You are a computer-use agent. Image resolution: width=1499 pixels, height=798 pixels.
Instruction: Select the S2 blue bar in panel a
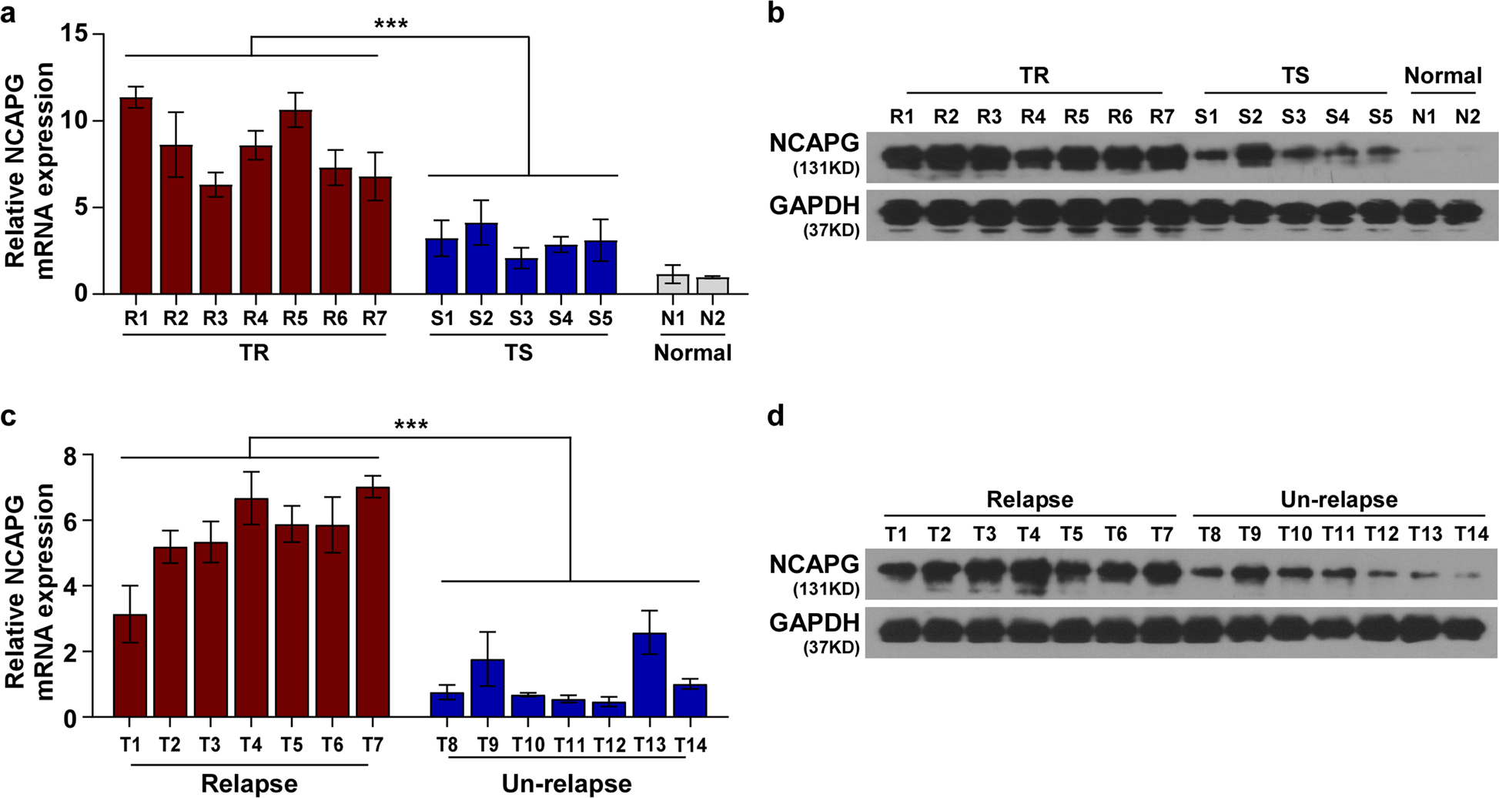(x=481, y=259)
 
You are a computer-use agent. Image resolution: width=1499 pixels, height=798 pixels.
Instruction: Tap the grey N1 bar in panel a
(x=673, y=283)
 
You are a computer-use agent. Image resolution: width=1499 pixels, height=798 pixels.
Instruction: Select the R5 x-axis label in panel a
(x=295, y=318)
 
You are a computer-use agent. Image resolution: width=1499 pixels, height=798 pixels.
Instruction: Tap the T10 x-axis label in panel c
(x=527, y=745)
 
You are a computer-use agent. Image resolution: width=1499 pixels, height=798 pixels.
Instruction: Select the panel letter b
(x=776, y=13)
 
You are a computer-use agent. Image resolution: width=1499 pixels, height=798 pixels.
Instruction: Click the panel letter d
(x=776, y=416)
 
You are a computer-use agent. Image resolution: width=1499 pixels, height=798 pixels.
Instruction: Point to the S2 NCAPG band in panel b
(x=1250, y=156)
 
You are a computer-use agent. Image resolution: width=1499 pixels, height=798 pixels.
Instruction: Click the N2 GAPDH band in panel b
(x=1466, y=211)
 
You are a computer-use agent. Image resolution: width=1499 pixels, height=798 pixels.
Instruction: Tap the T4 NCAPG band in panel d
(x=1029, y=573)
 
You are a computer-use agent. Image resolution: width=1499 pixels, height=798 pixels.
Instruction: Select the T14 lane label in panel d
(x=1471, y=534)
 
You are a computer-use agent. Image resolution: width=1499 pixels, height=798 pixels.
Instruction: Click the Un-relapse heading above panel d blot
(x=1339, y=500)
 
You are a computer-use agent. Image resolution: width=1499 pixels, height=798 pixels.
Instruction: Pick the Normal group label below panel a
(x=692, y=353)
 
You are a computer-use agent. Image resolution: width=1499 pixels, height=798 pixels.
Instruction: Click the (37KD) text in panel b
(x=831, y=230)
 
